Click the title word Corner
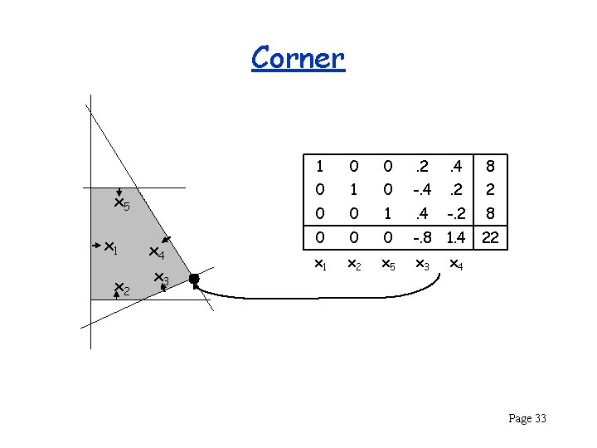tap(297, 58)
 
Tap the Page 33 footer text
tap(527, 418)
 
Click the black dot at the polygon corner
tap(194, 280)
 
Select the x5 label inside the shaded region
tap(122, 204)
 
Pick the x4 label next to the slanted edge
tap(157, 252)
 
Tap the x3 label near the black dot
tap(161, 280)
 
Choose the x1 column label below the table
tap(321, 264)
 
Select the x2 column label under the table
tap(352, 264)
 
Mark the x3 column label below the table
tap(422, 264)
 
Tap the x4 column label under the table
tap(455, 264)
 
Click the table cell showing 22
tap(491, 239)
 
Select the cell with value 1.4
tap(455, 239)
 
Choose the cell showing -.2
tap(455, 213)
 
